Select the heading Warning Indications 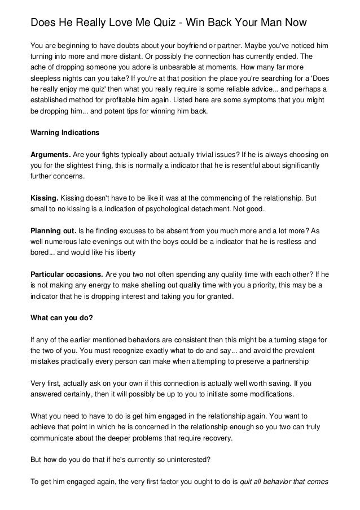pos(64,133)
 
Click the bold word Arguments pos(50,154)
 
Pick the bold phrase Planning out pos(53,231)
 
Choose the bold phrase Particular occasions pos(65,274)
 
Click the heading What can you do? pos(61,317)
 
